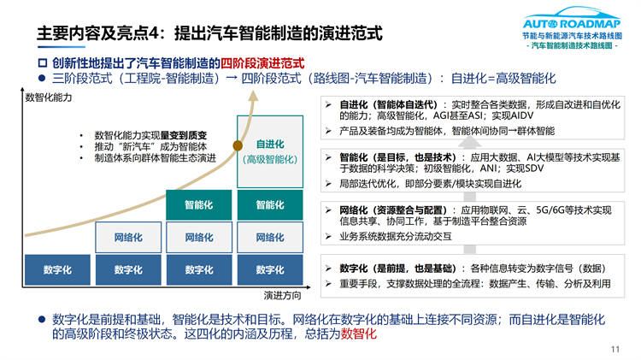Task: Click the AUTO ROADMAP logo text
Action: [x=572, y=24]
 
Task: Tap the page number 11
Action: [x=615, y=349]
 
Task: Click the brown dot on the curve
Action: [x=238, y=145]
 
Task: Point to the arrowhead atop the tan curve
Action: [x=254, y=95]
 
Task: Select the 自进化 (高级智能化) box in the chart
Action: [x=270, y=151]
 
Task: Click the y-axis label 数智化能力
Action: [x=49, y=97]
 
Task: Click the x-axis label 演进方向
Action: [x=283, y=295]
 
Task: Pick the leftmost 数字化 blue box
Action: [x=57, y=269]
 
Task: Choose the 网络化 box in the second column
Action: [x=128, y=237]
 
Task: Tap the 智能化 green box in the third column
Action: [x=199, y=205]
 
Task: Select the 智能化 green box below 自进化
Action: [x=270, y=205]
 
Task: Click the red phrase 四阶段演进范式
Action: [x=262, y=63]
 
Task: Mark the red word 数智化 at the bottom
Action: [x=358, y=333]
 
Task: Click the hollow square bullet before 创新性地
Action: [x=43, y=63]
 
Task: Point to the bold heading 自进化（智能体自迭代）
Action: [x=388, y=104]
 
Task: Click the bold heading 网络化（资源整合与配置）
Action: [x=393, y=210]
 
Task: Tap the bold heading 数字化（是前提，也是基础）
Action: [x=397, y=269]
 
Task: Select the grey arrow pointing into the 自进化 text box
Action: [x=470, y=142]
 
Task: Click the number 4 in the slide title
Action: [x=154, y=33]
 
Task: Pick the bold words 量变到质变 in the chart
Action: [x=184, y=135]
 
